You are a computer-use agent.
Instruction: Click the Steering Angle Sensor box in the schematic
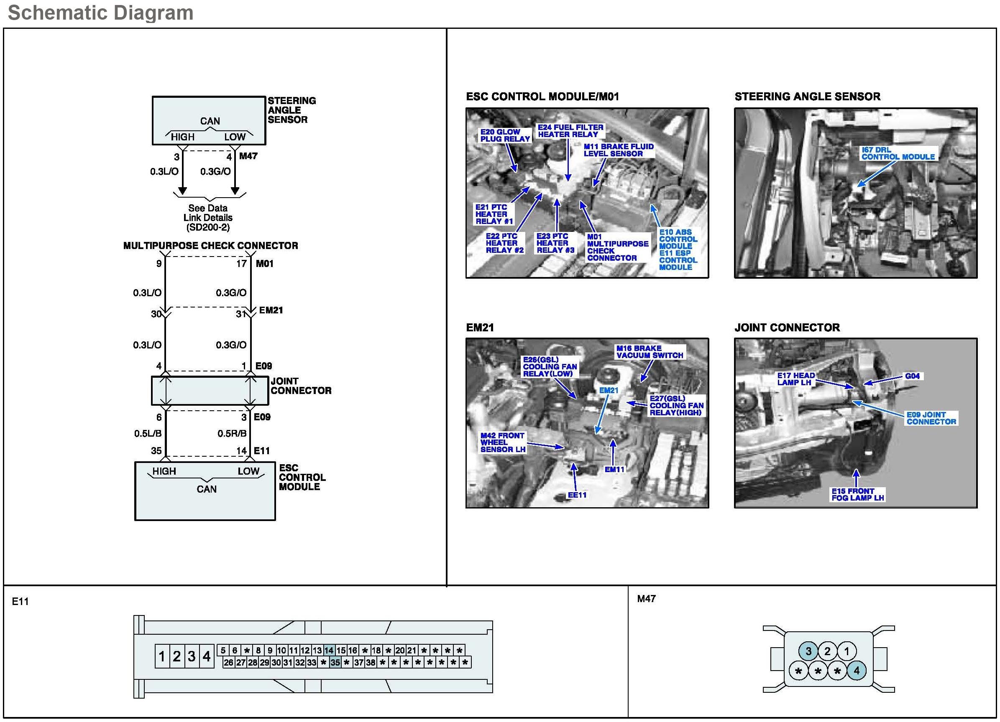tap(209, 120)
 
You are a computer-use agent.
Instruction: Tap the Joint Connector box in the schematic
tap(210, 390)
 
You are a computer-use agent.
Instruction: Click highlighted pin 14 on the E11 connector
tap(329, 650)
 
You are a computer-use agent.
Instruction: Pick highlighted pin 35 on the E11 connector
tap(335, 662)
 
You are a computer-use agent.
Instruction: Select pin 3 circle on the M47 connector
tap(808, 651)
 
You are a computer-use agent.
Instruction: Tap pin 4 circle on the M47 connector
tap(856, 671)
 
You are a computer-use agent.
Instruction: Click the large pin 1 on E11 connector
tap(162, 656)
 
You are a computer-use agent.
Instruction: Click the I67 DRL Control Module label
tap(898, 153)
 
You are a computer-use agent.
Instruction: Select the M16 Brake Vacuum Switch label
tap(650, 351)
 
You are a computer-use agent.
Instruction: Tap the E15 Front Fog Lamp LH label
tap(857, 494)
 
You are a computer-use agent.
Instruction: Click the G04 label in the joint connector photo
tap(912, 376)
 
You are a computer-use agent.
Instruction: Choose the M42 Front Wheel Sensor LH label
tap(503, 442)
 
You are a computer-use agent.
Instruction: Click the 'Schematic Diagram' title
tap(100, 13)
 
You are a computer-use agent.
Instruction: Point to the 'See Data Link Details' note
tap(208, 218)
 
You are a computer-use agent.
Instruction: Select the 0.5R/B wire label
tap(232, 433)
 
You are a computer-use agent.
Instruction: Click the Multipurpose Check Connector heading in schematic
tap(210, 246)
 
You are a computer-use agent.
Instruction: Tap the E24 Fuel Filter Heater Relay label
tap(570, 131)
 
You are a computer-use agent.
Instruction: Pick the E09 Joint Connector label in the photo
tap(931, 418)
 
